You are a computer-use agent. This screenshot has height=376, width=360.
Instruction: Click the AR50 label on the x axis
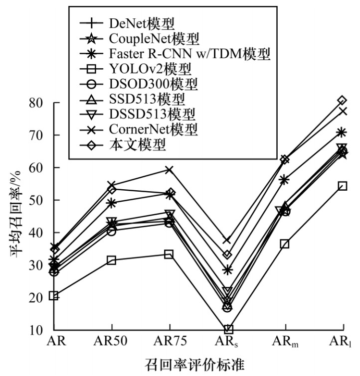111,344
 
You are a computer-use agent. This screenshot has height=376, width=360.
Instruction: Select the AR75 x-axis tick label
170,344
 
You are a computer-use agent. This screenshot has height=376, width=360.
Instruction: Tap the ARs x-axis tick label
227,344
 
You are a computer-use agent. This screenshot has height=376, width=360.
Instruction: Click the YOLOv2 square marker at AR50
111,260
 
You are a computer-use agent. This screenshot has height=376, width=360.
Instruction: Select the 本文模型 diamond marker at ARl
342,101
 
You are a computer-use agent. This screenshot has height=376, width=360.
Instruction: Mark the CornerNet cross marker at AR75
170,170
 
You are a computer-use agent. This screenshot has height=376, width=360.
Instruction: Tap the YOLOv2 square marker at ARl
342,186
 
